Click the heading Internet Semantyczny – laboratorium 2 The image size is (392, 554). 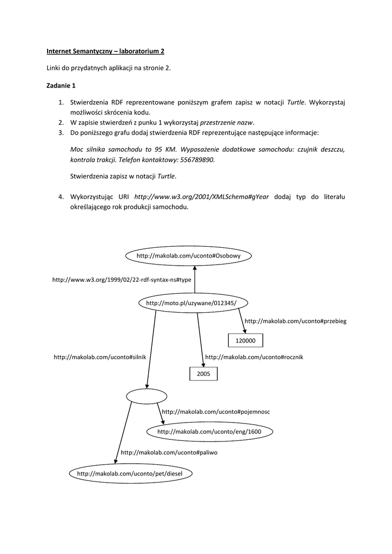105,51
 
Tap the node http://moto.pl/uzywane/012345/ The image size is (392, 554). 191,303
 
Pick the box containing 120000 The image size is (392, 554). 245,340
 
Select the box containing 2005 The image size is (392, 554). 203,374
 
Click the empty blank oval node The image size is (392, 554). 144,396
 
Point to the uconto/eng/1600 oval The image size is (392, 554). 209,432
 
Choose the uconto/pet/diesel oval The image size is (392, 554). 130,474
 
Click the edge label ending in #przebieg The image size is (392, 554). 295,321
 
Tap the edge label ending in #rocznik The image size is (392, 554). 254,357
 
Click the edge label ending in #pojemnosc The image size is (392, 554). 215,412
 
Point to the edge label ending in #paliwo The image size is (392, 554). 169,452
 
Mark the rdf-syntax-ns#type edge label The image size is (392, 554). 122,280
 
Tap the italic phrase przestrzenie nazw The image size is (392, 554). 227,122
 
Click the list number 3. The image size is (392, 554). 61,133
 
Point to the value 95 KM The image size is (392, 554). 167,149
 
